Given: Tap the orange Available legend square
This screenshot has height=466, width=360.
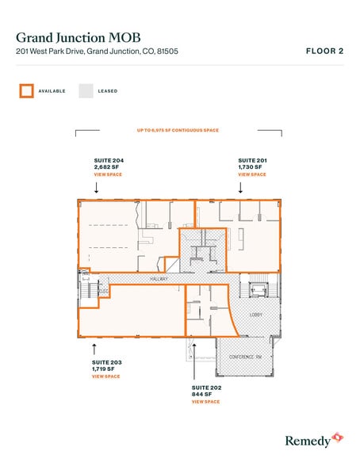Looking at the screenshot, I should click(26, 90).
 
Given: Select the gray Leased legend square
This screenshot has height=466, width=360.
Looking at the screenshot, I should click(86, 90).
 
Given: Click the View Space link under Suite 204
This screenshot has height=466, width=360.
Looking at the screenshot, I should click(107, 174).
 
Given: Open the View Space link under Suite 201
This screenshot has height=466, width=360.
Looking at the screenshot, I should click(252, 174).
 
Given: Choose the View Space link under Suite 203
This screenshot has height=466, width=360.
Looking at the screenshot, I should click(105, 376).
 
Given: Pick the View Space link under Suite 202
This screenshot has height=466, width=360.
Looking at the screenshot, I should click(205, 402).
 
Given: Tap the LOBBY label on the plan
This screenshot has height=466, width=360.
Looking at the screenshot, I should click(255, 315).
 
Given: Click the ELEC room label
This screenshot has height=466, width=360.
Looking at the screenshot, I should click(103, 291).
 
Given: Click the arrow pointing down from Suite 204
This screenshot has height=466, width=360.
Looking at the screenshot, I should click(96, 188).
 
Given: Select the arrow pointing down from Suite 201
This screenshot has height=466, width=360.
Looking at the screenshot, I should click(241, 188).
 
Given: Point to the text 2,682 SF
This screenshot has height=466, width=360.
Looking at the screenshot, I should click(105, 166).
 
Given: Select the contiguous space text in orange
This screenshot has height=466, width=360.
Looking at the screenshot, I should click(178, 130).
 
